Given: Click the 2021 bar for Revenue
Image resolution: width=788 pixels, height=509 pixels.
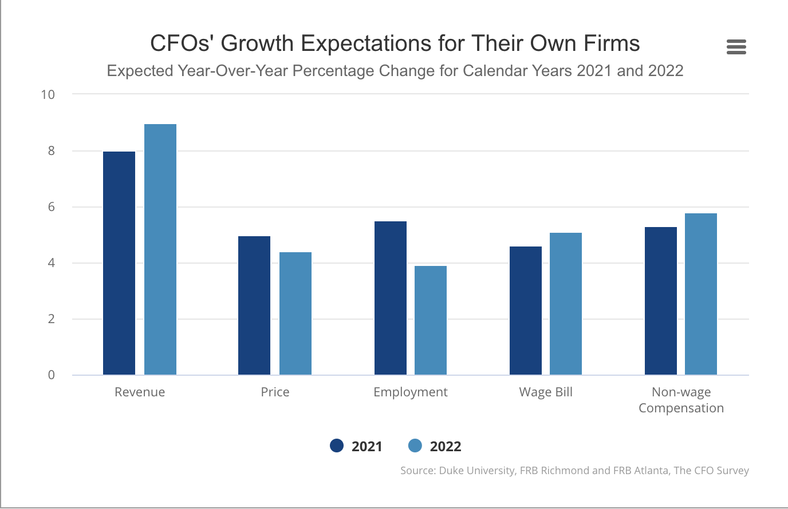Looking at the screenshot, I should coord(119,263).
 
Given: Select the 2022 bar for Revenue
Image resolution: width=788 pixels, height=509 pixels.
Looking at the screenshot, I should coord(160,249).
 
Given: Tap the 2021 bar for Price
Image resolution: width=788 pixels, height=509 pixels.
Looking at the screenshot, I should coord(254,305).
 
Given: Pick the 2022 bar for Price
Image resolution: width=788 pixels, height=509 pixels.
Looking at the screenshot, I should coord(295,313).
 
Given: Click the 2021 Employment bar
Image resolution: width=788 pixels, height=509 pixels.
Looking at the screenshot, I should coord(391,298).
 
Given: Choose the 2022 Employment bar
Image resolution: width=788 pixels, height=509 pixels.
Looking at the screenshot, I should coord(431,320).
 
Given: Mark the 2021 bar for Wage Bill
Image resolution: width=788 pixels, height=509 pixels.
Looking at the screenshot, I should coord(526,311).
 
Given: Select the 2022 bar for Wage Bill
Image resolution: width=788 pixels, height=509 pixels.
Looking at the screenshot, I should coord(566,304).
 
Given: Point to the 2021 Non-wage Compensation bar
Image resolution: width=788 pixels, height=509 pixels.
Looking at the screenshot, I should coord(661,301).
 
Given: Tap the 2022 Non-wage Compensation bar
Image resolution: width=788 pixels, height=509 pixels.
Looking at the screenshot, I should coord(701,294).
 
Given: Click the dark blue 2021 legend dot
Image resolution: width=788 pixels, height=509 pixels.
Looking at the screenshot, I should coord(337,446).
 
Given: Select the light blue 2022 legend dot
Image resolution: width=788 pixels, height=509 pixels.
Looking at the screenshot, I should coord(415,446).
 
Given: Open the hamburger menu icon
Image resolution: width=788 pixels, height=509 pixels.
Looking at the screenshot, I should coord(736,47).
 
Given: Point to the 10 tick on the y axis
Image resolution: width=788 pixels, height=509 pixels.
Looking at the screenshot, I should coord(48,94).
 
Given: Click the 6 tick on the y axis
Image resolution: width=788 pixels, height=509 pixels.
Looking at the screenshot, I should coord(52,207).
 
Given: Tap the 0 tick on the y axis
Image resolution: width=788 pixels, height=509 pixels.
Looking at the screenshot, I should coord(52,375).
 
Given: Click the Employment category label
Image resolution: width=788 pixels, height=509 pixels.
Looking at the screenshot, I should coord(410,392).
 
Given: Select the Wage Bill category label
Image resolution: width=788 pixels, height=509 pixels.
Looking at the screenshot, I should coord(546,392).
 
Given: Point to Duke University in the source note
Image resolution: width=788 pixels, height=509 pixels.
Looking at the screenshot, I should coord(476,471).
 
